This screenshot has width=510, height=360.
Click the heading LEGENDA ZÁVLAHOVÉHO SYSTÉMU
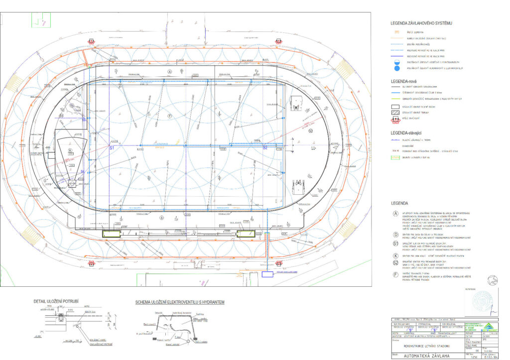tap(421, 23)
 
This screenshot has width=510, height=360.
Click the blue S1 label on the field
tap(112, 148)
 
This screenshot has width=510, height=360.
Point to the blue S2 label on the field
tap(265, 148)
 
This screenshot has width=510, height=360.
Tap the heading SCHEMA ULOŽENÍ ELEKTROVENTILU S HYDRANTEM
tap(180, 302)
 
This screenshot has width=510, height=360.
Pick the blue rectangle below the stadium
tap(268, 274)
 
